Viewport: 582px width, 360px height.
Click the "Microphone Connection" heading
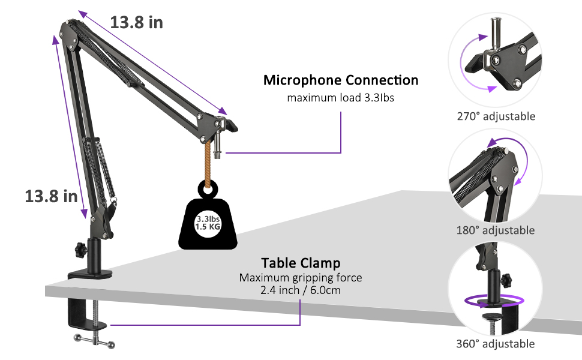coord(341,80)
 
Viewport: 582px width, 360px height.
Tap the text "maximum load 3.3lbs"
coord(340,98)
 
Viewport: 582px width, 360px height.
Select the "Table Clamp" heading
coord(301,263)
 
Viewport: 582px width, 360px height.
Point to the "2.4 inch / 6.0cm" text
coord(300,290)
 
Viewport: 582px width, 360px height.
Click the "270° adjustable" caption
coord(496,116)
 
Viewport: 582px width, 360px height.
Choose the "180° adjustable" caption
coord(496,230)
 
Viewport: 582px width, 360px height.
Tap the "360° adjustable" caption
coord(496,344)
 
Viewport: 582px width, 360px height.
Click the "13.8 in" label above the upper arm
coord(137,22)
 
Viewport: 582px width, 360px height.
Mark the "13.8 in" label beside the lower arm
coord(51,196)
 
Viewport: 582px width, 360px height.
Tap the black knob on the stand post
coord(80,250)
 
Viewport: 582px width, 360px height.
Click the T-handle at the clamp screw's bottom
coord(94,341)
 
